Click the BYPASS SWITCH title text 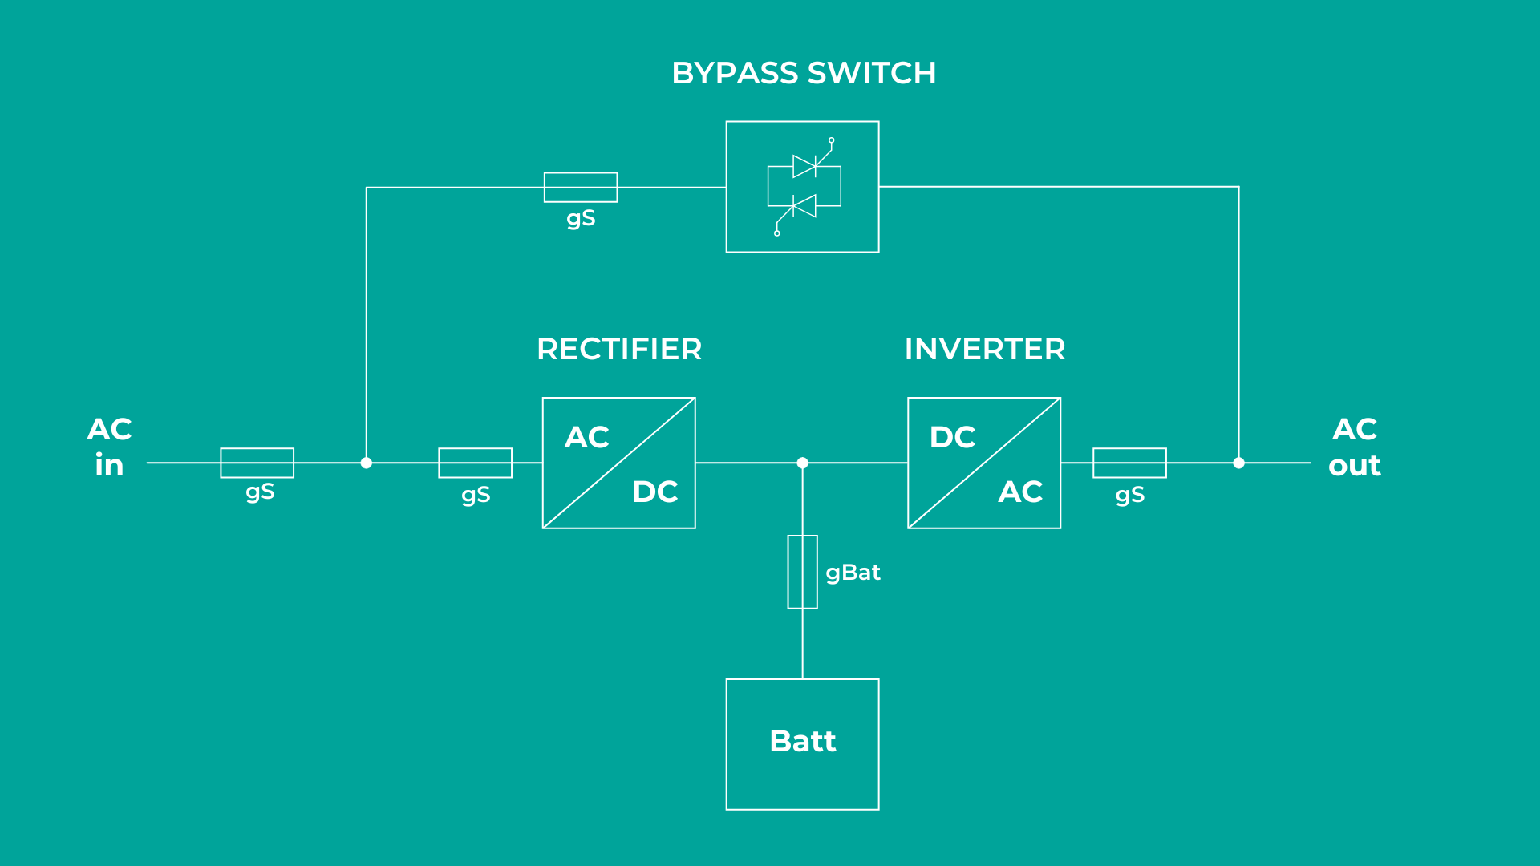click(804, 74)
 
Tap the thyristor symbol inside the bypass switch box click(804, 187)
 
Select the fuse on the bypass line click(581, 188)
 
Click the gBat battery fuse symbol click(802, 572)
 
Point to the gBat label click(853, 573)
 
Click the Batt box click(802, 744)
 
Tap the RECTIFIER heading click(619, 350)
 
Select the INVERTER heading click(985, 350)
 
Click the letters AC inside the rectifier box click(586, 438)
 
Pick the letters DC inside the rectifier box click(654, 492)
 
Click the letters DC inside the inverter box click(952, 438)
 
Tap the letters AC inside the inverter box click(1020, 492)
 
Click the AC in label click(110, 447)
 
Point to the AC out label click(1355, 447)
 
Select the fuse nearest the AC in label click(257, 463)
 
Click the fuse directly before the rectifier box click(475, 463)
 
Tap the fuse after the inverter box click(1129, 463)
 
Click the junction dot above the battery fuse click(802, 463)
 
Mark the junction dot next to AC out click(1238, 463)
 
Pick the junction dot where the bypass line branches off click(366, 463)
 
